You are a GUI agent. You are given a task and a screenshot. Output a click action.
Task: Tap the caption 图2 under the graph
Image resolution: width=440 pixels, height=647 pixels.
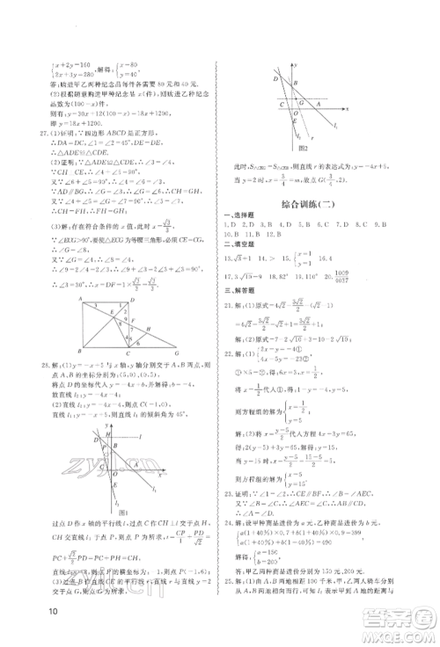[302, 148]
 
